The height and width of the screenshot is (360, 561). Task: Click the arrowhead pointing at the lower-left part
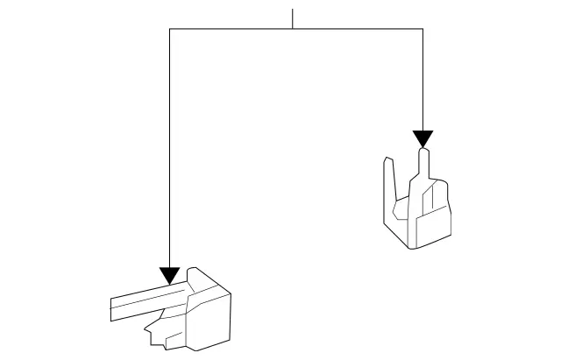tap(169, 277)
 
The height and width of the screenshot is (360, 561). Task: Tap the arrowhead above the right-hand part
tap(423, 139)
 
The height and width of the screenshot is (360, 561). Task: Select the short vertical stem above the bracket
tap(293, 18)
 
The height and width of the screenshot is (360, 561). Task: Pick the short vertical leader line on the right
tap(423, 79)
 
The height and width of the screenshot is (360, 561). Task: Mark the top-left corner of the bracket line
tap(169, 29)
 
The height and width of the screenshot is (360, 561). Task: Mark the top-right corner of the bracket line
tap(423, 29)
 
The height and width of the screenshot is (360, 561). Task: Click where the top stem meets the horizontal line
tap(293, 29)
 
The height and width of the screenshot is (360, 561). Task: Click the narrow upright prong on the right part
tap(423, 166)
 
